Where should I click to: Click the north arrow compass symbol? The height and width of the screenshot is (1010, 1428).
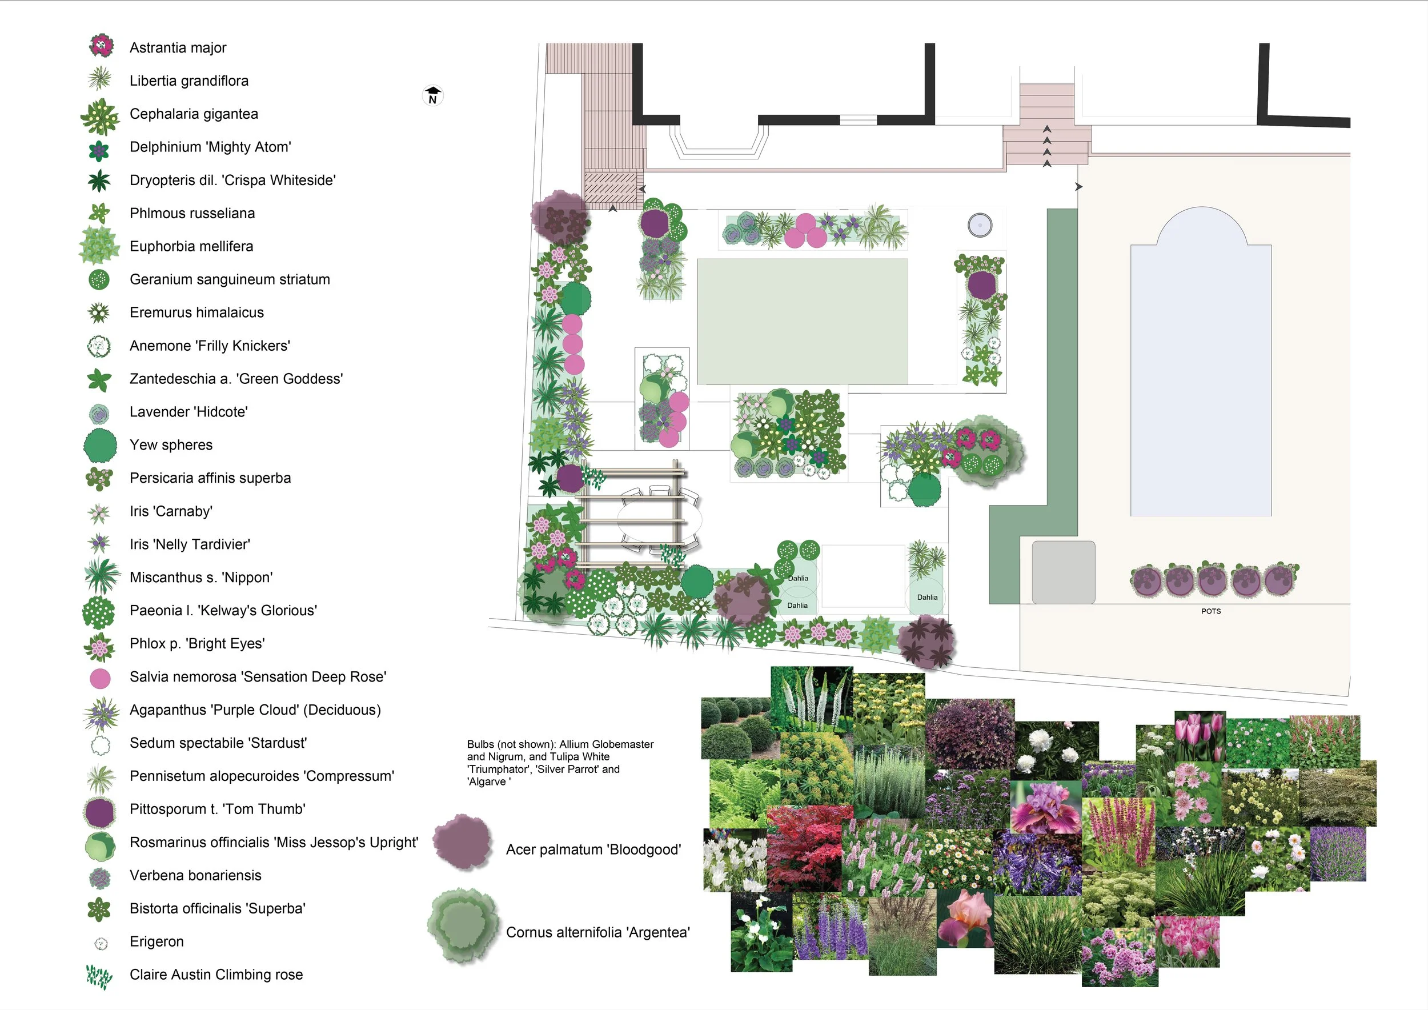tap(433, 96)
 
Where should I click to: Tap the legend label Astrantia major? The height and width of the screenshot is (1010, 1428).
tap(177, 48)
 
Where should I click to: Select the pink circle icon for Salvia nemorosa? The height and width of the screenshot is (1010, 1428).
tap(100, 679)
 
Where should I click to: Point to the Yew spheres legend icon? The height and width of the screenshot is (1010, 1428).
tap(99, 445)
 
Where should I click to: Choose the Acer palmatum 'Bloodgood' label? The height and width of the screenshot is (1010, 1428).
tap(593, 849)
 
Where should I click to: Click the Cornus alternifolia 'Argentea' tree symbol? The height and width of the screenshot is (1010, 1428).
tap(463, 926)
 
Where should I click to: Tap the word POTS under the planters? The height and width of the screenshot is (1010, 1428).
tap(1210, 611)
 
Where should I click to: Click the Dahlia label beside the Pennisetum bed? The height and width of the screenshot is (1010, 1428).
tap(926, 597)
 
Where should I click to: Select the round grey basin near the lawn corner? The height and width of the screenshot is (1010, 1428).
tap(980, 225)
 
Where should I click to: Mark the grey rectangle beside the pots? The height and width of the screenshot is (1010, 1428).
tap(1063, 572)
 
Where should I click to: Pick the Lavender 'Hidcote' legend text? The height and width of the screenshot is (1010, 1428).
tap(188, 412)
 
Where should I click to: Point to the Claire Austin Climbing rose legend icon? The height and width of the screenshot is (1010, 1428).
tap(99, 975)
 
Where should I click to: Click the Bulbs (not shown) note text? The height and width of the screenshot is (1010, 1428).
tap(560, 763)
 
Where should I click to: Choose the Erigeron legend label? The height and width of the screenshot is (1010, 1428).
tap(156, 941)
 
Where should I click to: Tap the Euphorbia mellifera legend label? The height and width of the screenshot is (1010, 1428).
tap(191, 246)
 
